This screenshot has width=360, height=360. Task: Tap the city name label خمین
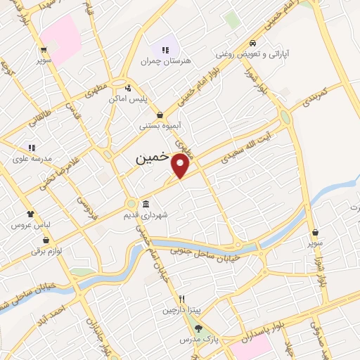[152, 159]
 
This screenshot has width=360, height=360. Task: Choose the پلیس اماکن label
[127, 99]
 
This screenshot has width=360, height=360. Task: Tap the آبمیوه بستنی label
[160, 127]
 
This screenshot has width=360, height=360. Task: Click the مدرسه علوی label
[32, 159]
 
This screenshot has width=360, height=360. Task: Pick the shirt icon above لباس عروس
[30, 214]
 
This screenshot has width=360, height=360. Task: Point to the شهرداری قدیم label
[158, 215]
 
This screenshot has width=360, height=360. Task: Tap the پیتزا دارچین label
[181, 309]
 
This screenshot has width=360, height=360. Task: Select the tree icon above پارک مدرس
[198, 328]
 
